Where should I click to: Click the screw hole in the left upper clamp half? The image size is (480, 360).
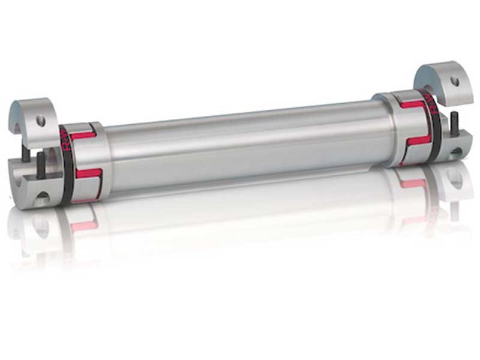41,121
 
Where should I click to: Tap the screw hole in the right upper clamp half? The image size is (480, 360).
455,80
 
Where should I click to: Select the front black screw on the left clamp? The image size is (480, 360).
40,165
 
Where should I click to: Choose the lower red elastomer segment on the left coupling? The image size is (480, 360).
88,173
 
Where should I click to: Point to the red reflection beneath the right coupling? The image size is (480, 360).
414,184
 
